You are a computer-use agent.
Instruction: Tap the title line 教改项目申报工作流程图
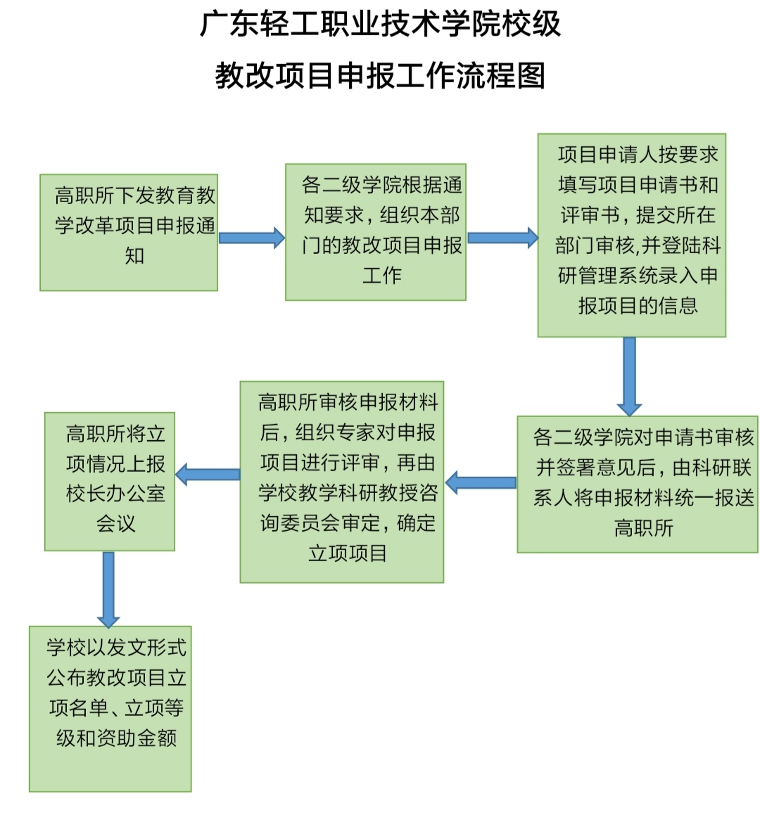click(x=380, y=75)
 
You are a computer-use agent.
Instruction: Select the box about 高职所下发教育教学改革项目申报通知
click(x=129, y=232)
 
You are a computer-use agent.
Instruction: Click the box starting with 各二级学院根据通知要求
click(x=376, y=232)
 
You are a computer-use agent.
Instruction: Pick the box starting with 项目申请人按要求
click(x=631, y=236)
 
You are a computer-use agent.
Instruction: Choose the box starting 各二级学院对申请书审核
click(x=638, y=484)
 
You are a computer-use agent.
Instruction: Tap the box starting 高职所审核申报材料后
click(x=342, y=482)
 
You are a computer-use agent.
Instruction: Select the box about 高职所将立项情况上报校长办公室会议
click(x=110, y=481)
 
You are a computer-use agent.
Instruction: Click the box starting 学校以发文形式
click(x=110, y=708)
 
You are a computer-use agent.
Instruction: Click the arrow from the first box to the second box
click(x=251, y=238)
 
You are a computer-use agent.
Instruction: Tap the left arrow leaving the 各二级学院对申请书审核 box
click(x=481, y=482)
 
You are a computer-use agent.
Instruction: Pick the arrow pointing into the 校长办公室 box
click(x=208, y=474)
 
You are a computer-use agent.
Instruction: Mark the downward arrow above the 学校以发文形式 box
click(x=108, y=589)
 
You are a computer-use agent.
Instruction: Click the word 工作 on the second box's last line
click(x=382, y=275)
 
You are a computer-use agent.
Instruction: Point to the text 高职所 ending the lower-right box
click(x=643, y=527)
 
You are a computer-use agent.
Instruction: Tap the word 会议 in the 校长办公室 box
click(x=116, y=523)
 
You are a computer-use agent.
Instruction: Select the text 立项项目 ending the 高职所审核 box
click(x=348, y=553)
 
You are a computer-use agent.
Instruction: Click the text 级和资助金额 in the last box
click(x=116, y=738)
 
